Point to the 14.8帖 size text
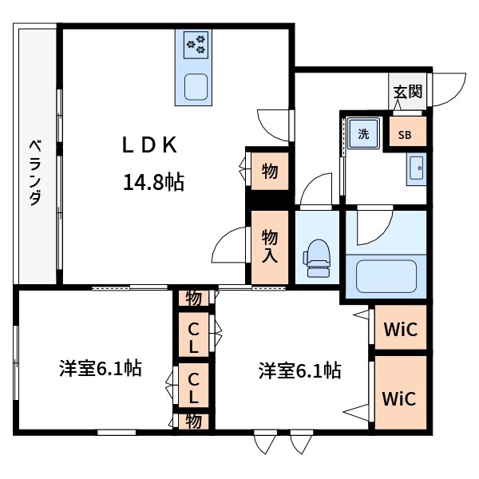click(x=153, y=183)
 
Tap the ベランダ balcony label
click(x=35, y=172)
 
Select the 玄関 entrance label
click(x=407, y=92)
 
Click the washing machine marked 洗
click(x=363, y=134)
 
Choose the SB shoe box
click(x=406, y=134)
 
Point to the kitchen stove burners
click(x=196, y=44)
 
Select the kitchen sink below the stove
click(x=196, y=85)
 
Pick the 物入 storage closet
click(x=270, y=246)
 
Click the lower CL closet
click(x=193, y=386)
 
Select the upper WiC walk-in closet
click(x=399, y=328)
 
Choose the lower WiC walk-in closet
click(x=399, y=397)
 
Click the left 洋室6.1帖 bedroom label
click(x=101, y=369)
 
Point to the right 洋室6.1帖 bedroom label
click(x=299, y=370)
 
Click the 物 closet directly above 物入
click(x=270, y=170)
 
